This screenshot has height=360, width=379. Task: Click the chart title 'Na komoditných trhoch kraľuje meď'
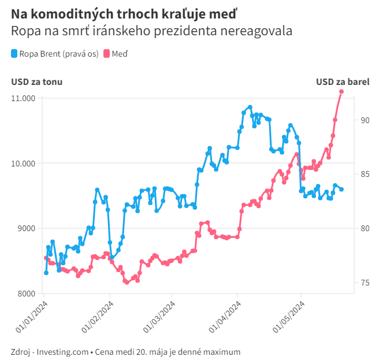[124, 14]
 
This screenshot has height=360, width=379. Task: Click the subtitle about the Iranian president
[151, 31]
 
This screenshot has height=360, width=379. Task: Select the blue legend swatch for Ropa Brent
[14, 53]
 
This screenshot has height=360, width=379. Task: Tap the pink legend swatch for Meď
[106, 53]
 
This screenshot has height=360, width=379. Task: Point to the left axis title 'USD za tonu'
[37, 82]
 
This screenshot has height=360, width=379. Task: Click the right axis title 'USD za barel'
[343, 82]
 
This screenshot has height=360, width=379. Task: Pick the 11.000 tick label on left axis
[23, 98]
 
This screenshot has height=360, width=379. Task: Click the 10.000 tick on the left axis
[23, 164]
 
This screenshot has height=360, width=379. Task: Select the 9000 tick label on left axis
[27, 228]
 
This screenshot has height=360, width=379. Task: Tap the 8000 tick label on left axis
[27, 294]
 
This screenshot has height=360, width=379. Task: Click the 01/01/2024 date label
[32, 317]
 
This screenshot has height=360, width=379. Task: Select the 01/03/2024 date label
[159, 317]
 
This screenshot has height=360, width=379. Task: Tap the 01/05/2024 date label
[289, 317]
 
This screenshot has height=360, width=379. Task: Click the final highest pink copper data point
[341, 92]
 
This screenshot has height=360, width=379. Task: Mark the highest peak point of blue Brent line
[250, 107]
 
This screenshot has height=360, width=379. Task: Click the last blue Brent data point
[341, 190]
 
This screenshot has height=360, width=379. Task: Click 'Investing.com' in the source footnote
[62, 352]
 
